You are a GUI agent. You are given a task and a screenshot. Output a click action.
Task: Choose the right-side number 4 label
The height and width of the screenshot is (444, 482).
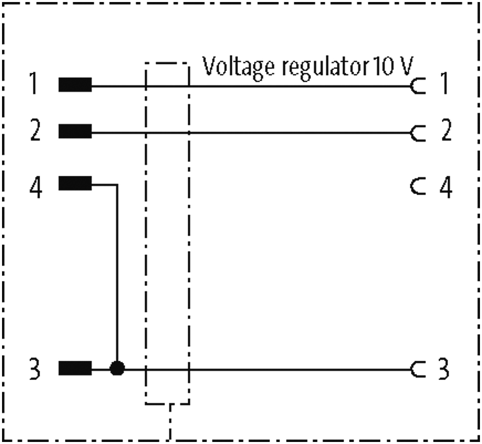(444, 188)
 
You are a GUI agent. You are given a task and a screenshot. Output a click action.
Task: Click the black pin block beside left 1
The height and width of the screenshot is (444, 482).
(75, 85)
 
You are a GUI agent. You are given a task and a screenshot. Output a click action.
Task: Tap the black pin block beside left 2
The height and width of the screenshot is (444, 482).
(75, 133)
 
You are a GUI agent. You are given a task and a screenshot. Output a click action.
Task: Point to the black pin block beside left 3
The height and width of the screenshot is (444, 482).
(75, 369)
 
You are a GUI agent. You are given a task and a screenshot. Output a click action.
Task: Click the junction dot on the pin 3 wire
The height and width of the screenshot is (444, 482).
(117, 369)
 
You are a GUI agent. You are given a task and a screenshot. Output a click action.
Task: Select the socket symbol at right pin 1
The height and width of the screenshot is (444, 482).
(417, 87)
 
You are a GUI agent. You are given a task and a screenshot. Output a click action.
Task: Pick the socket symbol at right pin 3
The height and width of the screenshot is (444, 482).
(417, 369)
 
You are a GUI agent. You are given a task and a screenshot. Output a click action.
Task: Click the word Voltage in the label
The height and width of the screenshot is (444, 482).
(231, 68)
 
